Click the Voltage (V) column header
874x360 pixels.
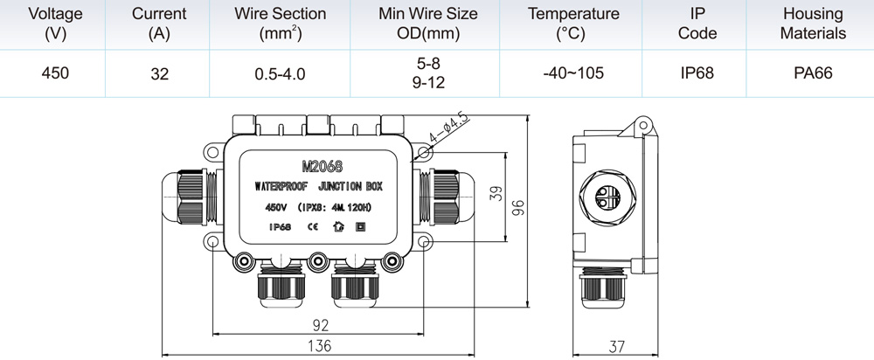click(x=55, y=24)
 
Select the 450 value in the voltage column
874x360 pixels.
click(x=55, y=73)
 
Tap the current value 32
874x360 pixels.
click(x=159, y=73)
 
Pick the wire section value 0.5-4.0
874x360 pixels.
click(x=280, y=73)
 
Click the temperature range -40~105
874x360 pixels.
click(x=573, y=73)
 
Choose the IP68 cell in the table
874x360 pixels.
click(x=697, y=73)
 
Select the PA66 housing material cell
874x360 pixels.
click(x=813, y=73)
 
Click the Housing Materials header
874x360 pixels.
click(x=813, y=24)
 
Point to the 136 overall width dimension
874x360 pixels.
click(x=319, y=345)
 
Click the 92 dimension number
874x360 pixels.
click(x=321, y=325)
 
